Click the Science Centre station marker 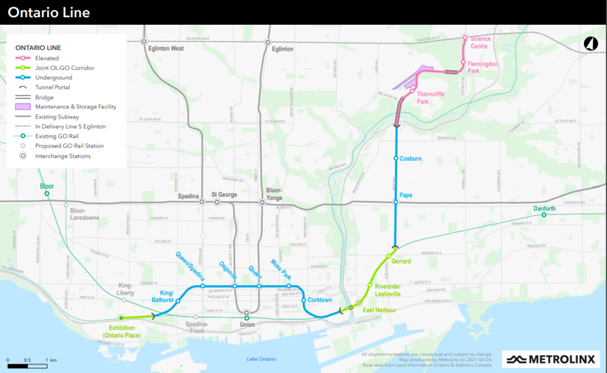click(x=465, y=37)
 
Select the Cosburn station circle click(x=396, y=159)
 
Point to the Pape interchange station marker click(x=396, y=202)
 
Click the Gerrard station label click(x=401, y=261)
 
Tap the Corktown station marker click(x=303, y=301)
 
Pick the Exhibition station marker click(x=122, y=317)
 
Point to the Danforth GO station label click(x=544, y=209)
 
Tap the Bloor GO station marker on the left click(x=46, y=194)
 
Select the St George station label click(x=224, y=195)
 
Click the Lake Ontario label click(x=261, y=359)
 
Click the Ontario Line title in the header click(x=49, y=12)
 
